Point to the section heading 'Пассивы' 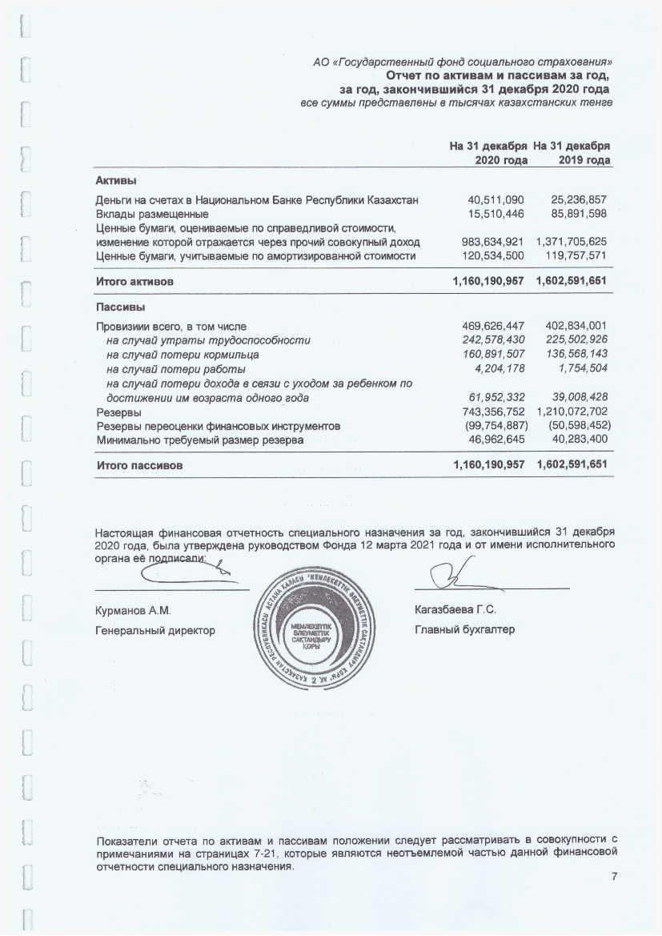pos(120,307)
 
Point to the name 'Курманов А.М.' pos(134,611)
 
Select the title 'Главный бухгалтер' pos(464,630)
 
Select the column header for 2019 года pos(572,154)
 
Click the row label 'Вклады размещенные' pos(152,214)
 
